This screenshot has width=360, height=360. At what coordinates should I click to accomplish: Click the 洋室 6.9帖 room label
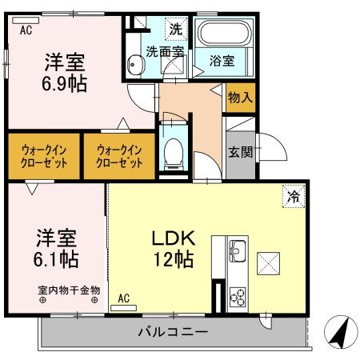click(x=65, y=72)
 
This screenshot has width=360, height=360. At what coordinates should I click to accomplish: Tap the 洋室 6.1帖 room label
click(x=56, y=247)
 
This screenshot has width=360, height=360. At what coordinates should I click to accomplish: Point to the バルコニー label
click(x=173, y=331)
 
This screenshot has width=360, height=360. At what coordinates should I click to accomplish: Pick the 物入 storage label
click(x=240, y=98)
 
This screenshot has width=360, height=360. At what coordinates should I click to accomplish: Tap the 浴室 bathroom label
click(x=222, y=61)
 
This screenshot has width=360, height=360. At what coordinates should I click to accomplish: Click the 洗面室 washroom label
click(x=165, y=53)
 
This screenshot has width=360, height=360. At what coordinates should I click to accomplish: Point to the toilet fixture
click(x=173, y=151)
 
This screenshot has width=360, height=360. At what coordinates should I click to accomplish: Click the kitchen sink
click(x=238, y=253)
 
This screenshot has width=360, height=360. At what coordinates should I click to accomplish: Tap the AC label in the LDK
click(x=124, y=298)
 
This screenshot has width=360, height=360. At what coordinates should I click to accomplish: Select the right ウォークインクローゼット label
click(x=119, y=155)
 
